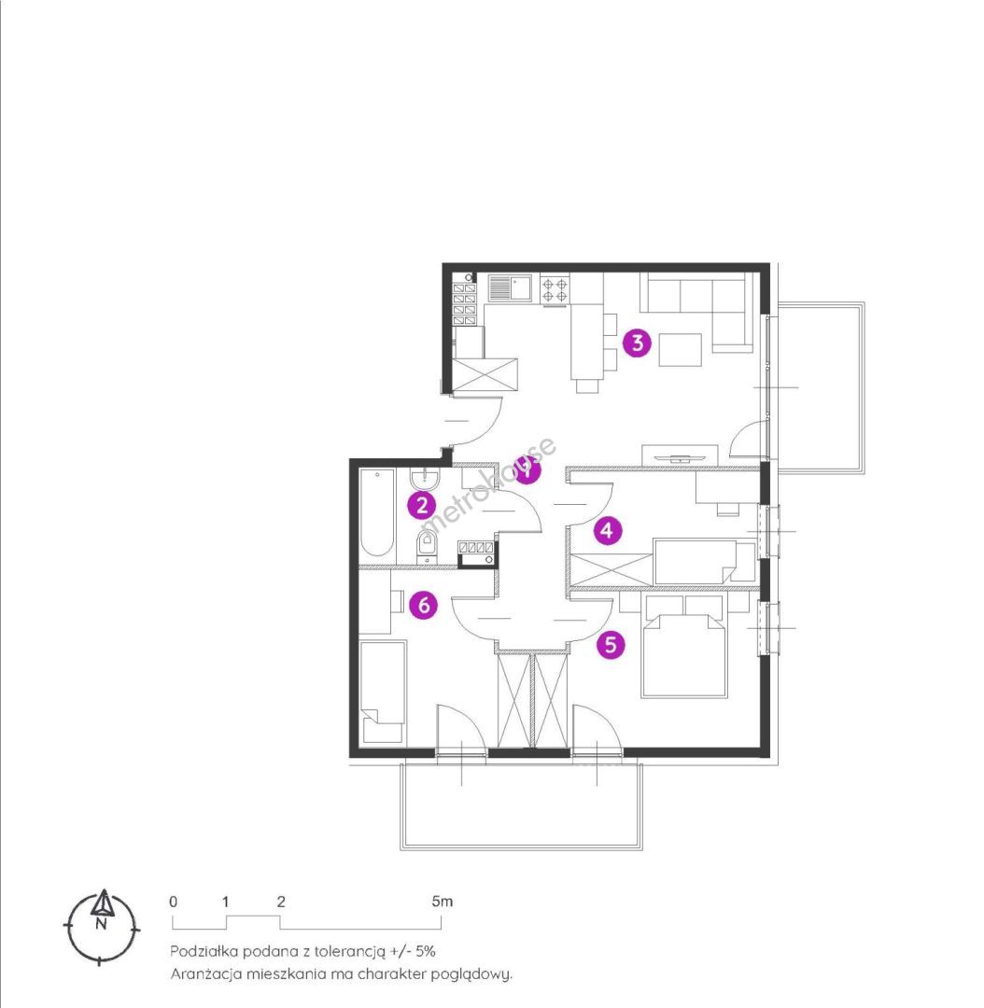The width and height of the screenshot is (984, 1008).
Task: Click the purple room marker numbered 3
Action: coord(637,343)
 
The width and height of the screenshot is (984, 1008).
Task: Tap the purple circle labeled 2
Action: coord(422,505)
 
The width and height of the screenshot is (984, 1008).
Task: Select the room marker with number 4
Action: coord(607,530)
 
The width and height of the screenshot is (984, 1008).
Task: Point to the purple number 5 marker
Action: coord(611,643)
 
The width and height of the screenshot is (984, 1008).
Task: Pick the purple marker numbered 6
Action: coord(423,605)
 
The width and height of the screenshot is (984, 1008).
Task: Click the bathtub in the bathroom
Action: coord(377,513)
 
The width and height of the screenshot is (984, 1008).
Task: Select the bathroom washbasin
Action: coord(425,478)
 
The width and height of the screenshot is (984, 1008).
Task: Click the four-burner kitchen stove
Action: coord(555,288)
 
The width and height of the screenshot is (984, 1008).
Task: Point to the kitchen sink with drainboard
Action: coord(510,288)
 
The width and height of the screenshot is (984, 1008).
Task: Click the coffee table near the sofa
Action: coord(680,350)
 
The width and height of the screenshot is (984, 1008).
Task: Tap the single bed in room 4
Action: coord(704,561)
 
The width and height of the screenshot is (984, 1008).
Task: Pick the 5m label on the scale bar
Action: coord(443,902)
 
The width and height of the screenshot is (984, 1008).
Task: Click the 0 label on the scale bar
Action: coord(173,902)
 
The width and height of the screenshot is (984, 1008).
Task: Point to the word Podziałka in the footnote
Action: coord(204,951)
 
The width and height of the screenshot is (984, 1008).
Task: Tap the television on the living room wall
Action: coord(679,457)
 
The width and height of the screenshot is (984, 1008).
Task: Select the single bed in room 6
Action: coord(383,692)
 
